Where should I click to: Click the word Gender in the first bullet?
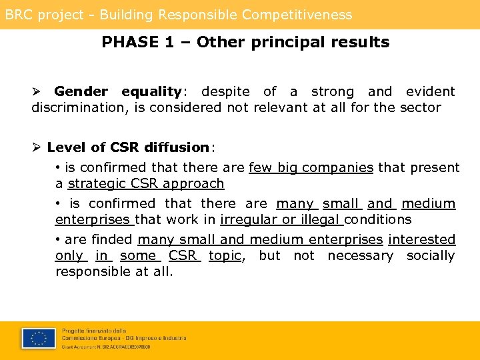coord(81,91)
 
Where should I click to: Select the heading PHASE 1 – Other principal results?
coord(245,42)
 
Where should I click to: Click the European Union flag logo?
coord(38,339)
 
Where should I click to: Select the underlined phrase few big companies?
coord(311,167)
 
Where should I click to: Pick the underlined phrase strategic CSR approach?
coord(146,183)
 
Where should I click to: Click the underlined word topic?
coord(225,255)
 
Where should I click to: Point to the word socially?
coord(431,255)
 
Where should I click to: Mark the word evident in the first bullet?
coord(431,91)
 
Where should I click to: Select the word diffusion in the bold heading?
coord(175,147)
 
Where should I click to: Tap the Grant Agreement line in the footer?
coord(107,347)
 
